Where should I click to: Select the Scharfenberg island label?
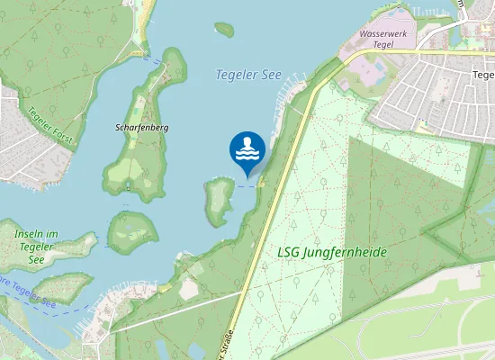[x=141, y=128]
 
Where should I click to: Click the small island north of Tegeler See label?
[x=224, y=29]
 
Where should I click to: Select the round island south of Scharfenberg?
[x=131, y=231]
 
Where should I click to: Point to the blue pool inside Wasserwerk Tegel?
[x=378, y=67]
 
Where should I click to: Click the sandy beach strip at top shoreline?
[x=145, y=11]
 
